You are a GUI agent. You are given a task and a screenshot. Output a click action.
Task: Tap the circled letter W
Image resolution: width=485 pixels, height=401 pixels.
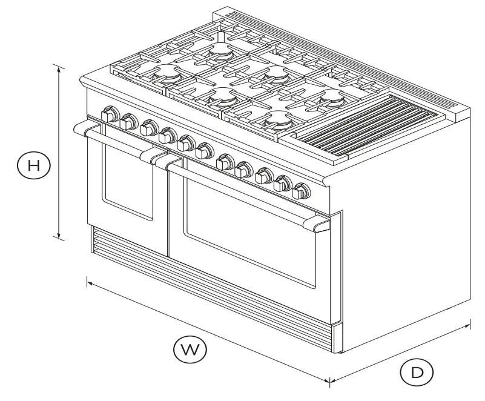click(190, 349)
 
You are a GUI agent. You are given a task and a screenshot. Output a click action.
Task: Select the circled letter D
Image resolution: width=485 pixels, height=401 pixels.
click(416, 373)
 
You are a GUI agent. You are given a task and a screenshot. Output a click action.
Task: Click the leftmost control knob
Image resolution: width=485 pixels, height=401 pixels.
click(110, 114)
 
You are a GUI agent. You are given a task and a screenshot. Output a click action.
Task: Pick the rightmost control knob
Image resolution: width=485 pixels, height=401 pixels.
click(299, 193)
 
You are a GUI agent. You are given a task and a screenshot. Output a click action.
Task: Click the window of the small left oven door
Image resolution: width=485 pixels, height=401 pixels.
click(127, 179)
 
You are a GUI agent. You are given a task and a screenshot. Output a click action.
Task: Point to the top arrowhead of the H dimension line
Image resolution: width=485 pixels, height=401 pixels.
click(59, 67)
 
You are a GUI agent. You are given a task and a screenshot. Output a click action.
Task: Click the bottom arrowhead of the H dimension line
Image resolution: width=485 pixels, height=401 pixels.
click(59, 237)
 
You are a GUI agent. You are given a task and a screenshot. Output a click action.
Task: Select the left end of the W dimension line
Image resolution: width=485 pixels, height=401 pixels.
click(88, 280)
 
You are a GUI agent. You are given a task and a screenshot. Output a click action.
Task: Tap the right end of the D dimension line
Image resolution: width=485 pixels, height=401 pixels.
click(469, 326)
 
